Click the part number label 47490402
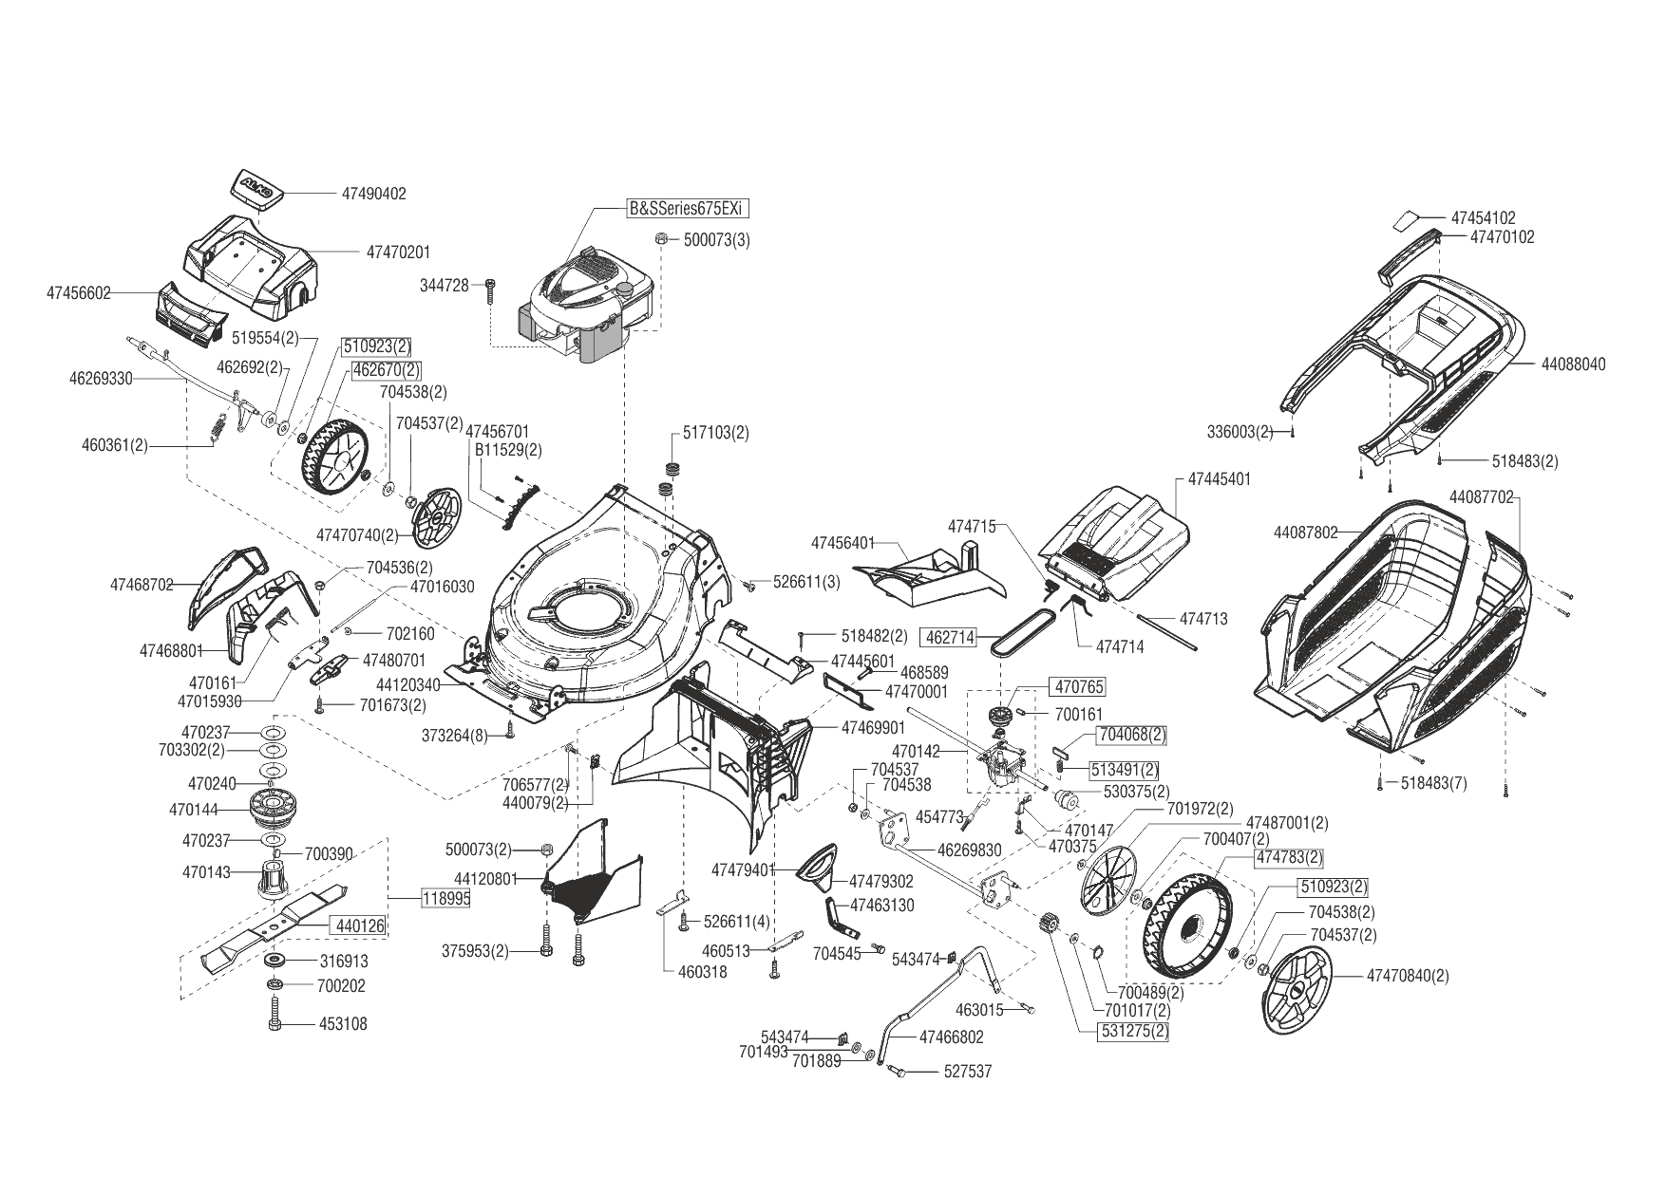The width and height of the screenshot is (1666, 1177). [x=373, y=194]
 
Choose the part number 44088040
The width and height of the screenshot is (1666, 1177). [x=1573, y=364]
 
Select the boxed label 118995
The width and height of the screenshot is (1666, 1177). [x=445, y=897]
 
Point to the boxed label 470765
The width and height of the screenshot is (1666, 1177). [x=1077, y=686]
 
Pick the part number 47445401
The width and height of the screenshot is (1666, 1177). [x=1219, y=480]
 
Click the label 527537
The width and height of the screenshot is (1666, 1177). [x=967, y=1072]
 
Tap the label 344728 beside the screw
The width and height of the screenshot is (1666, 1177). [x=445, y=285]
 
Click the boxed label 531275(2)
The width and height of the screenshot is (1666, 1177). [x=1134, y=1032]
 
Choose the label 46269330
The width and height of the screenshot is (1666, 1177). [x=101, y=379]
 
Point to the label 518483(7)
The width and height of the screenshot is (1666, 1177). [x=1434, y=783]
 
